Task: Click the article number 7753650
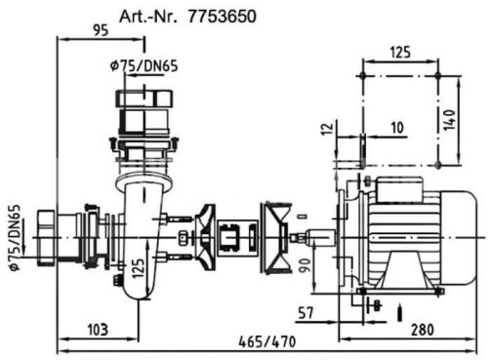point(222,17)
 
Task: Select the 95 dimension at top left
point(101,30)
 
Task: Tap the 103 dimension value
point(98,330)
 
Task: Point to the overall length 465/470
point(267,342)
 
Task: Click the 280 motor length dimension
point(423,330)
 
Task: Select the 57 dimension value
point(305,313)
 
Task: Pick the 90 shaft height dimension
point(305,265)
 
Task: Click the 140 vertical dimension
point(449,120)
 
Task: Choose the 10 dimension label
point(397,128)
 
